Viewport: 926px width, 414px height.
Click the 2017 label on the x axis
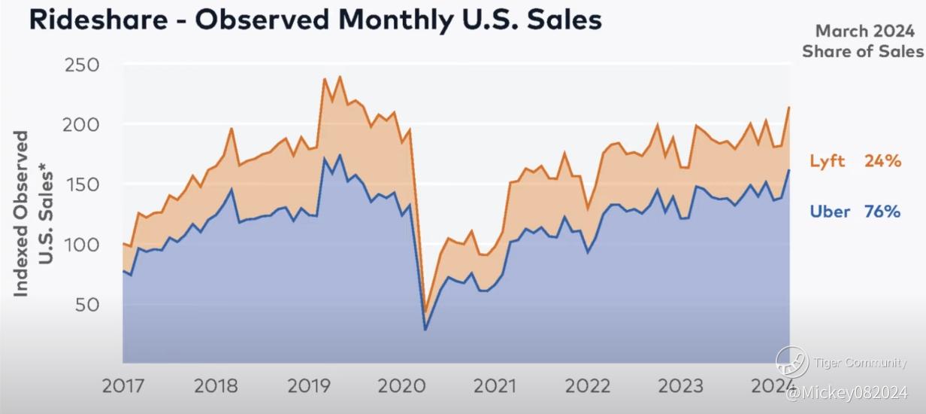pyautogui.click(x=123, y=386)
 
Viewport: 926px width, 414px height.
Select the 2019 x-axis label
pyautogui.click(x=309, y=386)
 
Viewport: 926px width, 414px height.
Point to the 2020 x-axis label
pyautogui.click(x=401, y=386)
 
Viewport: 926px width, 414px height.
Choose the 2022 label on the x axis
pyautogui.click(x=587, y=386)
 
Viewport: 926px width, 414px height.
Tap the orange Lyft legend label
pyautogui.click(x=828, y=161)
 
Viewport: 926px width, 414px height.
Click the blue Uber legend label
pyautogui.click(x=830, y=212)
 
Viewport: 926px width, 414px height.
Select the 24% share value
pyautogui.click(x=882, y=161)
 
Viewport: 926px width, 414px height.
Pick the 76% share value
pyautogui.click(x=882, y=212)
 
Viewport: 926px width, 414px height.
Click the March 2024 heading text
pyautogui.click(x=862, y=32)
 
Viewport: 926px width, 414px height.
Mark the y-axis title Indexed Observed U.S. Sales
pyautogui.click(x=34, y=214)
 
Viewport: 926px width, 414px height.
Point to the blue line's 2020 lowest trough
pyautogui.click(x=425, y=329)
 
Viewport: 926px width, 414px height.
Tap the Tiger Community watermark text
pyautogui.click(x=860, y=364)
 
